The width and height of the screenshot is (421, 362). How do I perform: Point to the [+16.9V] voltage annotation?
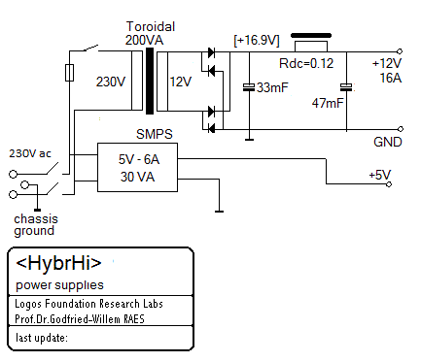pyautogui.click(x=257, y=40)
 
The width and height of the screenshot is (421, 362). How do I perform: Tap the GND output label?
pyautogui.click(x=386, y=141)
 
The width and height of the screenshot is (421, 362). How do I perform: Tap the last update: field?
pyautogui.click(x=43, y=338)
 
